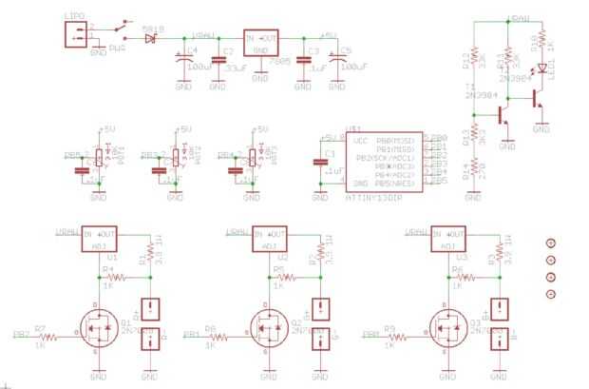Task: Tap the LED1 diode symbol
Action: (541, 68)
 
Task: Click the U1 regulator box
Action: (100, 240)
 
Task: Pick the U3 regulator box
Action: (447, 240)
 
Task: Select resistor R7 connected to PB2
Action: (41, 335)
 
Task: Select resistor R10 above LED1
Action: (541, 39)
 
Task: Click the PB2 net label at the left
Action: (20, 335)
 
